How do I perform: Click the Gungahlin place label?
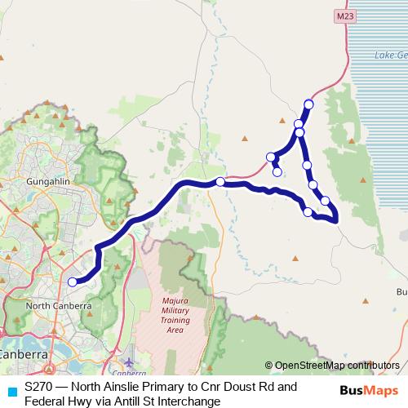(29, 178)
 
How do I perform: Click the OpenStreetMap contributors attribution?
(337, 365)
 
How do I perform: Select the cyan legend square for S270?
(11, 391)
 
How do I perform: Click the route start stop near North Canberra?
(72, 282)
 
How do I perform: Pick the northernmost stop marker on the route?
(308, 104)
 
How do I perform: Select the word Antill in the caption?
(108, 401)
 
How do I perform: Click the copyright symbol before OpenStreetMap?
(268, 365)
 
